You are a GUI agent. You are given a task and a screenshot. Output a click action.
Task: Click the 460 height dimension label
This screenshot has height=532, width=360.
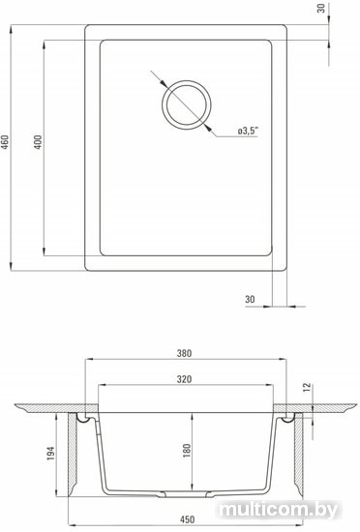(5, 143)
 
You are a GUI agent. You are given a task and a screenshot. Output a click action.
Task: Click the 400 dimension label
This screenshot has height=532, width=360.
(38, 142)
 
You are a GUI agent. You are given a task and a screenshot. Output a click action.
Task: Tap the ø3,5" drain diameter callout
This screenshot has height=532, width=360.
(248, 131)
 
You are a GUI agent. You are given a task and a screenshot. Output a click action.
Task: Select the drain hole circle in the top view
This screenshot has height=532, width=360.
(186, 80)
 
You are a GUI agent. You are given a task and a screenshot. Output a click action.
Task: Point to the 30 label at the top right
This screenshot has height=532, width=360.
(321, 8)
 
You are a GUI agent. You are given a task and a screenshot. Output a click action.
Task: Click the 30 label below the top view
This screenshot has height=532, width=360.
(250, 299)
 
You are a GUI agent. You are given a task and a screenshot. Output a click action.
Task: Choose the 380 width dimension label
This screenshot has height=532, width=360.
(184, 353)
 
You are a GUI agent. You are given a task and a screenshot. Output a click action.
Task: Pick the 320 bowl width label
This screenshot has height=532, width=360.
(184, 379)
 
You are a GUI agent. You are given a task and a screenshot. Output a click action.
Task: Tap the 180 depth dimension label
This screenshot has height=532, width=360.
(187, 451)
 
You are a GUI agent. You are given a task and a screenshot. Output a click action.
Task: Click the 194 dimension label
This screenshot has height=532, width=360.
(50, 454)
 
